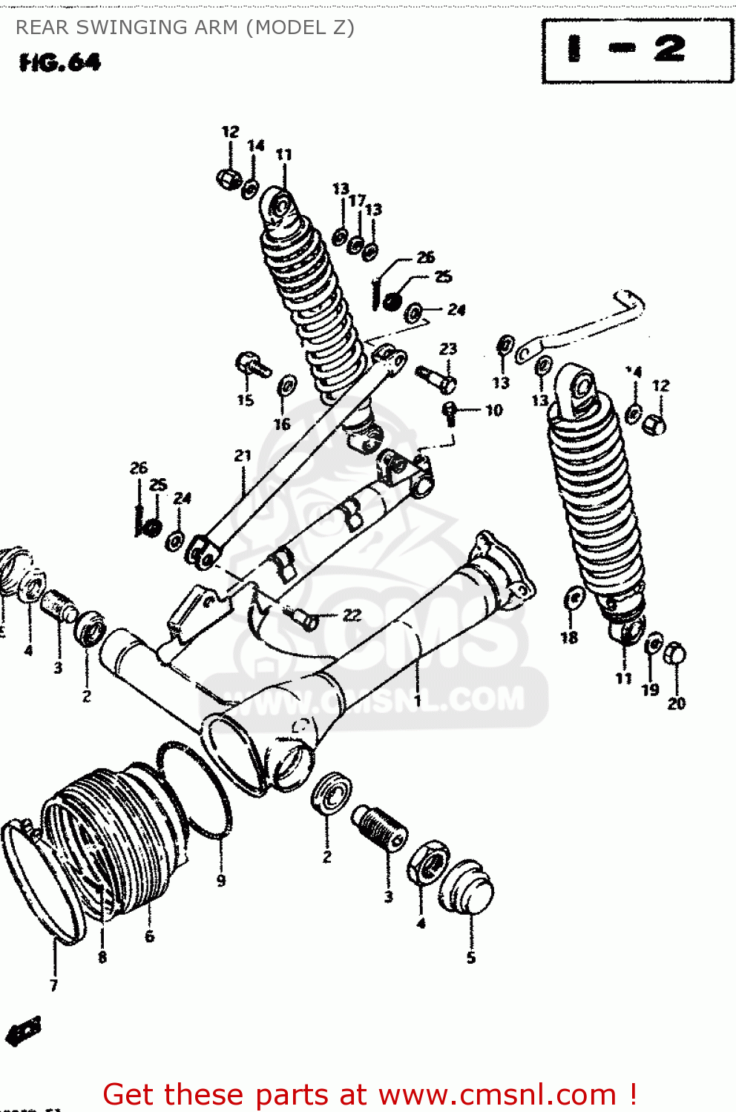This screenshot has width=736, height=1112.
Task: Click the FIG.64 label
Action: [x=59, y=62]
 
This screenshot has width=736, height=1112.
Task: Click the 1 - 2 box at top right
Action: [x=637, y=50]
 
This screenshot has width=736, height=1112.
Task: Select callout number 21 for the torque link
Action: [x=243, y=456]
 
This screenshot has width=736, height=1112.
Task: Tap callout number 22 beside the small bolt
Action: [x=351, y=615]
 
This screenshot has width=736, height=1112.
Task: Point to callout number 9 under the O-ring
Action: [x=221, y=881]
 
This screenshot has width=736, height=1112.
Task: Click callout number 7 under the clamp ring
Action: [x=53, y=985]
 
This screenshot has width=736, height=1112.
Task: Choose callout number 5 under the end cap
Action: [x=471, y=959]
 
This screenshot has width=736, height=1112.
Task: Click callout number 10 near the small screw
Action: [x=494, y=410]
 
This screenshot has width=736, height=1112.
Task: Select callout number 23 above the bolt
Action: [x=448, y=348]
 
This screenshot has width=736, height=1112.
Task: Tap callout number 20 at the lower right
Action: [x=676, y=704]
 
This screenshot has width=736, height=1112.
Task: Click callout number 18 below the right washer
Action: [x=569, y=638]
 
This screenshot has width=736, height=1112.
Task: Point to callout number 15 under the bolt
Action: [x=246, y=400]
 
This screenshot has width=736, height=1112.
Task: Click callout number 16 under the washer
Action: [x=282, y=424]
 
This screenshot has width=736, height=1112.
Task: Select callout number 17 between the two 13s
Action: [x=357, y=200]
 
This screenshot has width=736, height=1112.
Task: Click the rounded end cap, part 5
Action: [x=466, y=888]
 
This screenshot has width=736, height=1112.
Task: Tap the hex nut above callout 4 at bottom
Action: [x=427, y=862]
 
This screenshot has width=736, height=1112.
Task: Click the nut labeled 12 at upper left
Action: [x=228, y=178]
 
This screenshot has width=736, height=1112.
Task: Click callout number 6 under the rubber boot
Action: [x=149, y=936]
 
